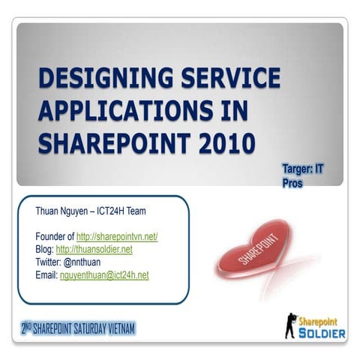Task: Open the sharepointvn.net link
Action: [117, 236]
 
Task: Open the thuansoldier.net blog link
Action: [94, 249]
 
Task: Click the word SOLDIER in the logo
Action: [321, 333]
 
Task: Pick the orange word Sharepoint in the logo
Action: [321, 320]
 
